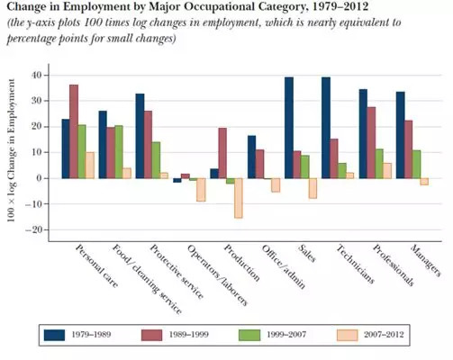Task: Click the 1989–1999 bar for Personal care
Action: pos(74,131)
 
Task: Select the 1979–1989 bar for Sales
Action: pos(289,128)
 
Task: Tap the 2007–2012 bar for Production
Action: pos(239,198)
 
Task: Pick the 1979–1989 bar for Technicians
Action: pos(326,128)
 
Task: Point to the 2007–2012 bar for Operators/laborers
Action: pos(201,190)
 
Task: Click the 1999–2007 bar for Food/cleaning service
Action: pos(119,152)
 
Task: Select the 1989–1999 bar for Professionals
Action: pos(371,143)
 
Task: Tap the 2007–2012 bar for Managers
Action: pos(424,182)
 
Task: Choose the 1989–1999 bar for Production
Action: pos(222,153)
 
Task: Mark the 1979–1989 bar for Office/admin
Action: pos(252,157)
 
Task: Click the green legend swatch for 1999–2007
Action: pos(249,335)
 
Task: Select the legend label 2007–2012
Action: pos(384,335)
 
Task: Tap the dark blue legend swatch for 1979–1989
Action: pos(54,335)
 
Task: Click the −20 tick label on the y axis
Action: pos(34,230)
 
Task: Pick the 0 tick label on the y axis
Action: pos(40,178)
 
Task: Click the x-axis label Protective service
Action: pos(177,272)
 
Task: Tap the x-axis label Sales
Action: pos(307,254)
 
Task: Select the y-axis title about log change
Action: pos(11,150)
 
